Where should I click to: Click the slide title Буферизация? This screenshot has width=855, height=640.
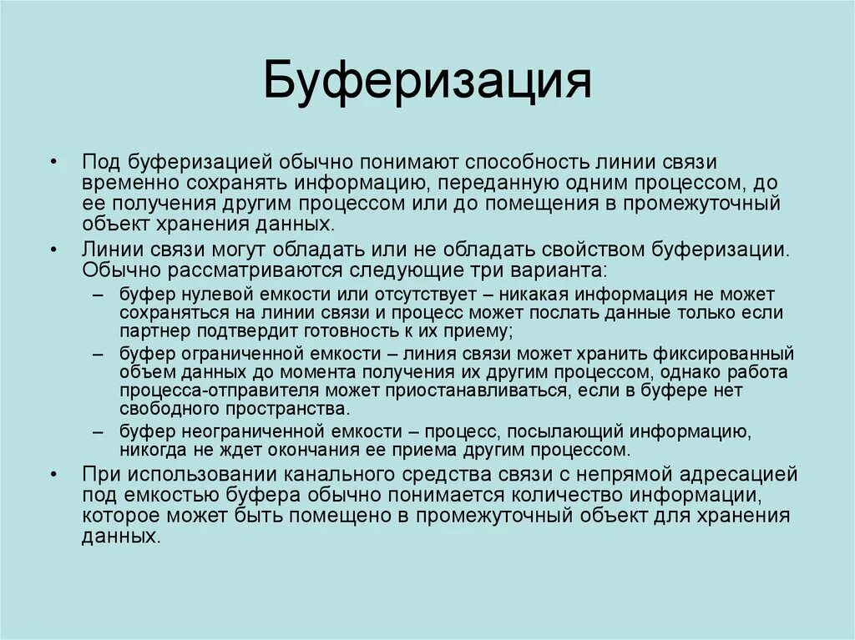427,85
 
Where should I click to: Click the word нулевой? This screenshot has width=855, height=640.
200,295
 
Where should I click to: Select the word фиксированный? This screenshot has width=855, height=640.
715,354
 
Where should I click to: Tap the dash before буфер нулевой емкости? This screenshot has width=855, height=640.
99,295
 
